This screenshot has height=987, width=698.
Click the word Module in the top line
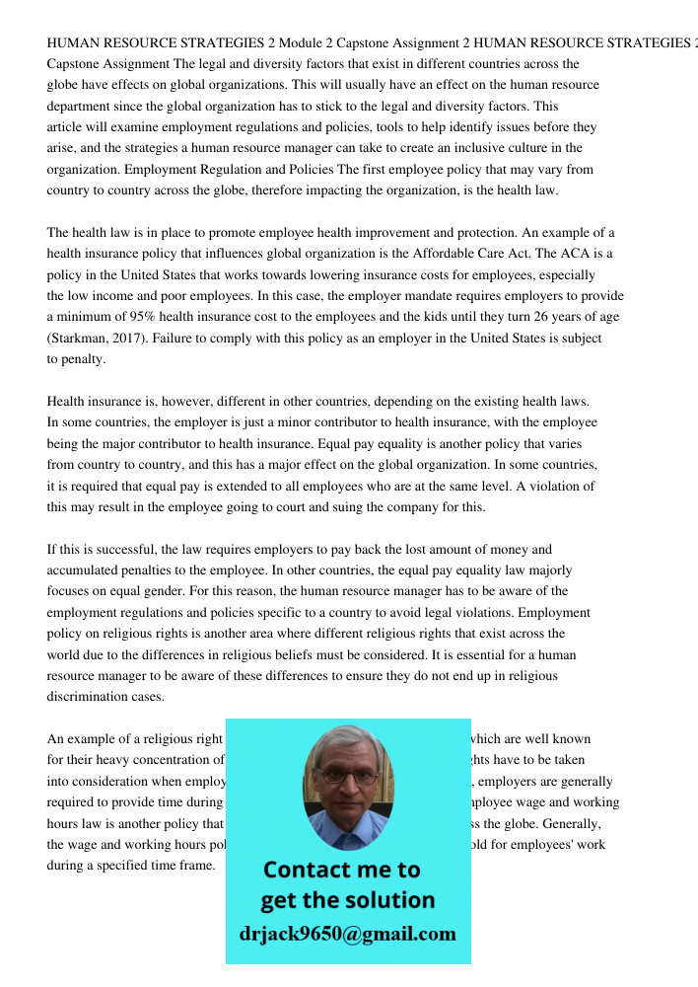pyautogui.click(x=302, y=43)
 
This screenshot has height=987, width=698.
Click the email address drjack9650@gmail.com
pyautogui.click(x=347, y=934)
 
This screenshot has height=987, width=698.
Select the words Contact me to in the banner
pyautogui.click(x=341, y=870)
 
